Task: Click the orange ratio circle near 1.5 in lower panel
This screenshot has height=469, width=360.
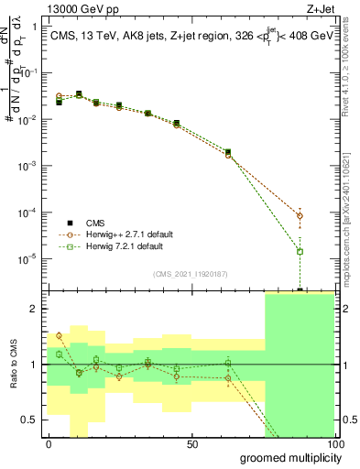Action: (x=59, y=335)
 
